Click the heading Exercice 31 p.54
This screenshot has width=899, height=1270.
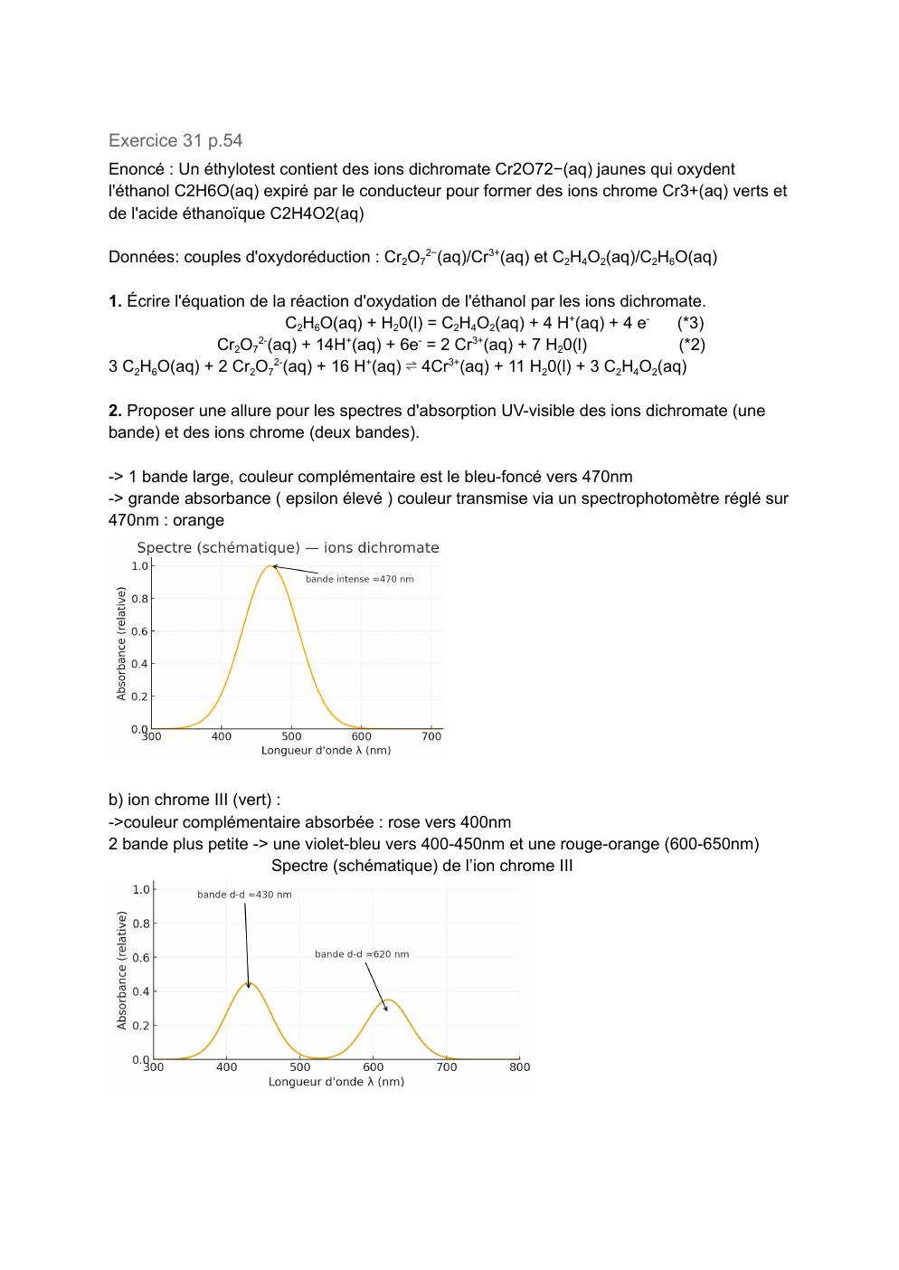tap(175, 140)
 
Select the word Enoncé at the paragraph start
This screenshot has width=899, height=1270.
tap(137, 169)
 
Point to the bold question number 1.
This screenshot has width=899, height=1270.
tap(115, 301)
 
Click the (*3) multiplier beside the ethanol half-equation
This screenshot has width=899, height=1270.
tap(690, 323)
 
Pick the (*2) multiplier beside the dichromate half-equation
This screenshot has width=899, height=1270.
tap(691, 345)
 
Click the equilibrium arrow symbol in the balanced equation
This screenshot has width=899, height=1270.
tap(411, 366)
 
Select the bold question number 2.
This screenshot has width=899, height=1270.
tap(115, 411)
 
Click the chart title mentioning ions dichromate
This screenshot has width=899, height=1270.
tap(288, 547)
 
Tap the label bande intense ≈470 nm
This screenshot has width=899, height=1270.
tap(359, 579)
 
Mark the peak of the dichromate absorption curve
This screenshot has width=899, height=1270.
tap(270, 566)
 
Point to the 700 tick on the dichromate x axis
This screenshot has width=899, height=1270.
tap(431, 736)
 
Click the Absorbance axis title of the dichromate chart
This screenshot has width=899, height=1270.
tap(121, 643)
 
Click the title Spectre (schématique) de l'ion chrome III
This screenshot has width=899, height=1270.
tap(421, 866)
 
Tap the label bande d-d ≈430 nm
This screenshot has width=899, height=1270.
tap(244, 895)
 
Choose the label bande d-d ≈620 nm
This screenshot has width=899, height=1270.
tap(362, 954)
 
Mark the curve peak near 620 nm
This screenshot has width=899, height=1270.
tap(388, 1000)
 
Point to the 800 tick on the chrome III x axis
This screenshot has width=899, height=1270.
tap(520, 1067)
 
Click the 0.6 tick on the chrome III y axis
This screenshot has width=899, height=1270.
tap(141, 957)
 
